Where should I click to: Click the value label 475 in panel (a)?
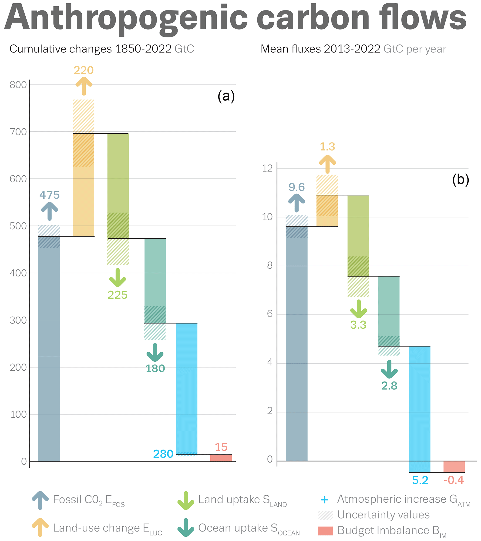(50, 195)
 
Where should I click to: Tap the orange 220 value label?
(84, 70)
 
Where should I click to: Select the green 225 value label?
(117, 295)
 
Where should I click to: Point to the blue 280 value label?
(163, 454)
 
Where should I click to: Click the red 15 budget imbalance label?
(221, 447)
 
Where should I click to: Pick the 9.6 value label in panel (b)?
(296, 187)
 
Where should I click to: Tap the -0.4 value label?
(454, 480)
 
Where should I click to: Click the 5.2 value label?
(420, 480)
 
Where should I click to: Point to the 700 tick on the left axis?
(18, 132)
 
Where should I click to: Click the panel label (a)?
(226, 96)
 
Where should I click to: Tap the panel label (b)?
(461, 180)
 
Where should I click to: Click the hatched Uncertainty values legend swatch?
(325, 515)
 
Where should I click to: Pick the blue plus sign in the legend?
(324, 500)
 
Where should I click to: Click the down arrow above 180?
(155, 353)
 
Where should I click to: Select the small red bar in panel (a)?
(221, 458)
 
